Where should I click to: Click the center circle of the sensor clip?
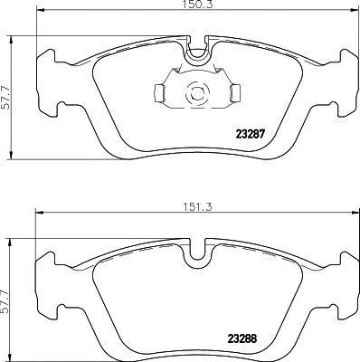click(x=195, y=91)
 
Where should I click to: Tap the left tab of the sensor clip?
click(x=157, y=91)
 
